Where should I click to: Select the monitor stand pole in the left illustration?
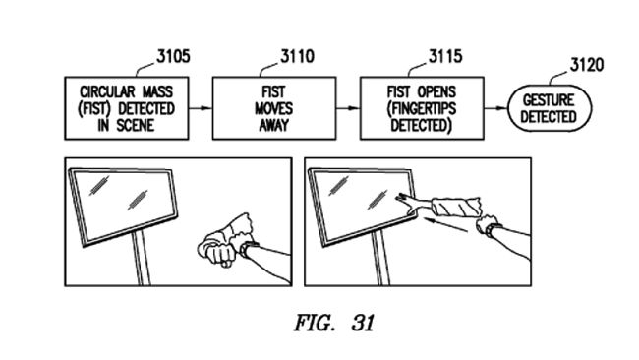click(143, 258)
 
